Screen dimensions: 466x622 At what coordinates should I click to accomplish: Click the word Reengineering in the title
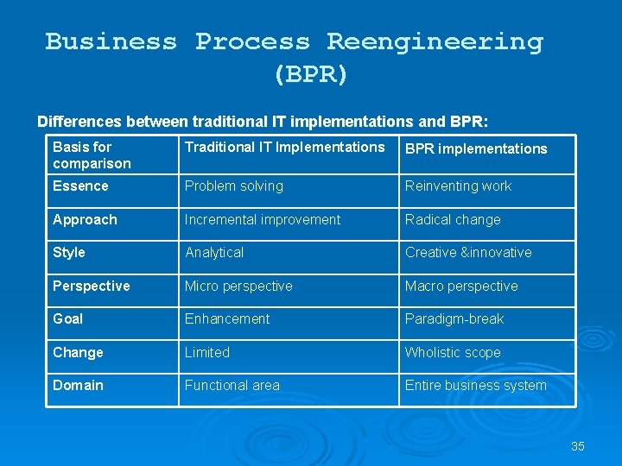(435, 41)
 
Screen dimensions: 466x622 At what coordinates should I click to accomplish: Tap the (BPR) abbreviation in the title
(311, 75)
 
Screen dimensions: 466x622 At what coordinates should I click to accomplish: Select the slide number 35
(578, 446)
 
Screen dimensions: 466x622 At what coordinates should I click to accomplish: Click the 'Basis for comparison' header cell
(92, 155)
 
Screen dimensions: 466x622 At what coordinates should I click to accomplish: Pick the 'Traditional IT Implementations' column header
(284, 147)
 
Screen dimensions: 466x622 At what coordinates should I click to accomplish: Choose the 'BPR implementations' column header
(476, 148)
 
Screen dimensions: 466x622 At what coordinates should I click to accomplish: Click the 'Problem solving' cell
(233, 186)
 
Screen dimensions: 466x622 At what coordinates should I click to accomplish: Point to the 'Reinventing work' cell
(458, 186)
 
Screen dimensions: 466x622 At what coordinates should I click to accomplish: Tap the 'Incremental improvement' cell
(263, 219)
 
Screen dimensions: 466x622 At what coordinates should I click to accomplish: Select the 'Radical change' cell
(453, 219)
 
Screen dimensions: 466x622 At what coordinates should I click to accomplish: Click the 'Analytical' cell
(214, 252)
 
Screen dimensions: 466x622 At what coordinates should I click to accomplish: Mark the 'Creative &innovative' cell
(468, 252)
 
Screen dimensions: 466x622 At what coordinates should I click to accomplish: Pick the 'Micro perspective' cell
(238, 286)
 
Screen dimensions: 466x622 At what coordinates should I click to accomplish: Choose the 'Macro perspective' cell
(461, 286)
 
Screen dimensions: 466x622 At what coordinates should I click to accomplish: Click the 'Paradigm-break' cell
(454, 318)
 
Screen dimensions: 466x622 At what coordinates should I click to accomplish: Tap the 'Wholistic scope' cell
(453, 352)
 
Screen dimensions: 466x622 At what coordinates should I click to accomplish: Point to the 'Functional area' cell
(232, 385)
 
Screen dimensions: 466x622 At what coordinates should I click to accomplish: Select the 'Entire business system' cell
(476, 385)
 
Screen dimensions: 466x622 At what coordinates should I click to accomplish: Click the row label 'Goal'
(68, 318)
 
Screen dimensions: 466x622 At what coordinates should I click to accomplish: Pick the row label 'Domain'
(78, 385)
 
